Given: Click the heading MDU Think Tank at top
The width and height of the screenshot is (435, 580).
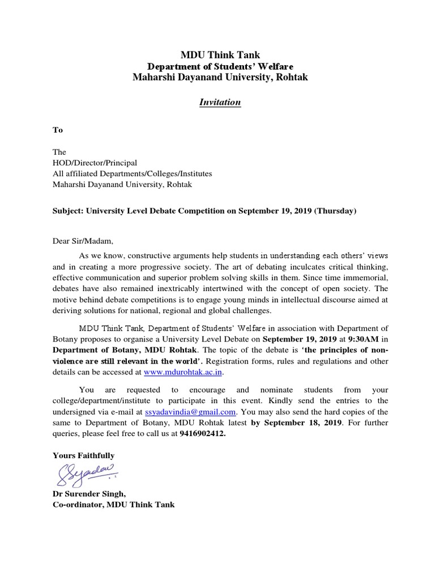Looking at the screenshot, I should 220,55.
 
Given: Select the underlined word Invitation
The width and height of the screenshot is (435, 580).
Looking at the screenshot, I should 220,103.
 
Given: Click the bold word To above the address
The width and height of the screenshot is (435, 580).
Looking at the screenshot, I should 58,130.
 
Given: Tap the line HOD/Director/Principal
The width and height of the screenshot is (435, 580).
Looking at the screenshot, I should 95,163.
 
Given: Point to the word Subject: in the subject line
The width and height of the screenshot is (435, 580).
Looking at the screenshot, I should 67,211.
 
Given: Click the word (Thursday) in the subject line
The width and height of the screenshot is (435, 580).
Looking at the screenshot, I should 335,211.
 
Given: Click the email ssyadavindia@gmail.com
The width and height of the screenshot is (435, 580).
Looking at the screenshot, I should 190,412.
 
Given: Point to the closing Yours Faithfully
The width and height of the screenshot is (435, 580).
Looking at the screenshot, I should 83,455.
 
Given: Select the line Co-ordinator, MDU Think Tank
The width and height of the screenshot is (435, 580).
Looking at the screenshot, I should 113,505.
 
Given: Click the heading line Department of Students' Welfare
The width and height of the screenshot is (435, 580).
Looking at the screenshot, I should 220,66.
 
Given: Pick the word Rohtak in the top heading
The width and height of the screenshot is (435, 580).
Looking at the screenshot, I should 292,77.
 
